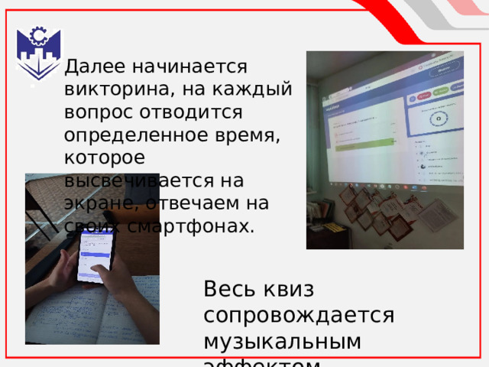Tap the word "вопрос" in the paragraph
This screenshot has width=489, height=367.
coord(95,112)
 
